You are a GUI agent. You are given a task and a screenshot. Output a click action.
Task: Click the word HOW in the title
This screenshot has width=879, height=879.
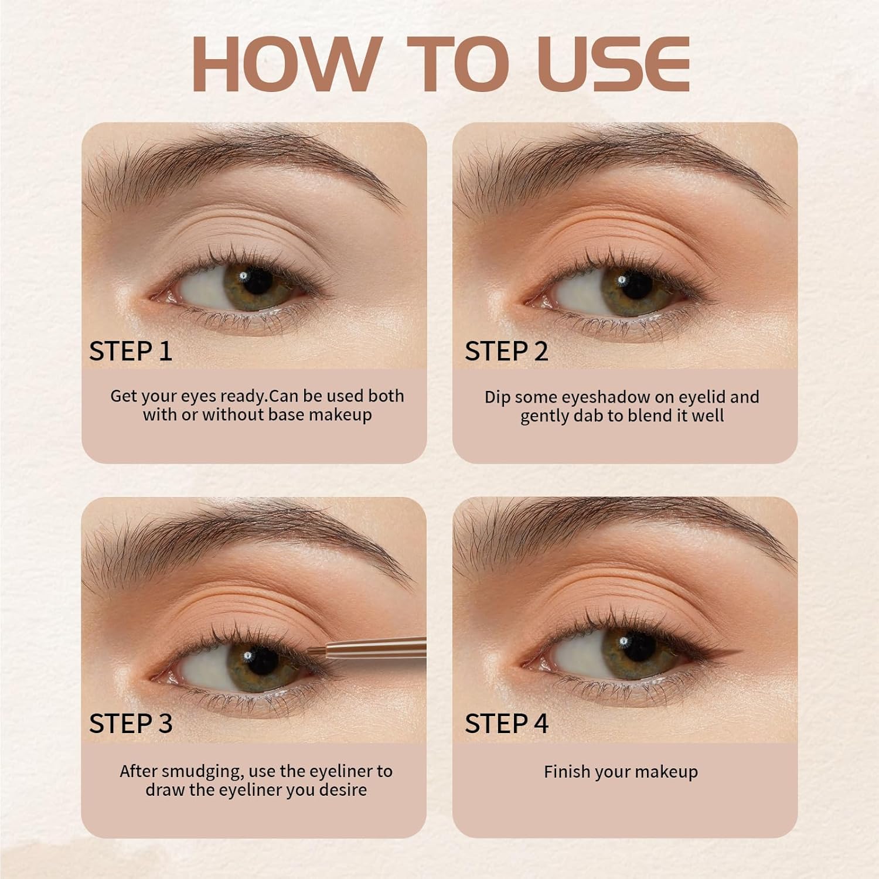point(287,64)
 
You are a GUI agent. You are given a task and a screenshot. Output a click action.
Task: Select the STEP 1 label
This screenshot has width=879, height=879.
point(131,351)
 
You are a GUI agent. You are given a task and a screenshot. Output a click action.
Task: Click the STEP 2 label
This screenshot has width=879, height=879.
point(506,351)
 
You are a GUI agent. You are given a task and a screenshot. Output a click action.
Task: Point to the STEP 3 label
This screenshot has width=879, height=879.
point(131,723)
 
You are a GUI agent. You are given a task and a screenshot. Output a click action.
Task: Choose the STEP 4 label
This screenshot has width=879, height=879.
point(506,723)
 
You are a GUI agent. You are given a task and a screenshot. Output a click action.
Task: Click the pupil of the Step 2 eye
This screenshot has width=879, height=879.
point(633,284)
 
